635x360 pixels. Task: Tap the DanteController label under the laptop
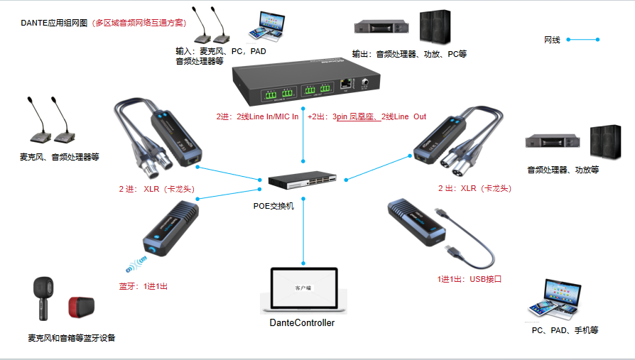(302, 323)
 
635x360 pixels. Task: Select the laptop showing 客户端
(303, 290)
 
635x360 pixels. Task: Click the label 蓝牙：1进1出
(143, 287)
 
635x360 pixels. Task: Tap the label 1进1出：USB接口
(470, 280)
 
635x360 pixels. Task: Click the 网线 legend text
(552, 40)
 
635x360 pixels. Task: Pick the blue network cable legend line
(582, 40)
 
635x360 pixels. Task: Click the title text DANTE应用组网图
(54, 23)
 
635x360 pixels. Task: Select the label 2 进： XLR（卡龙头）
(157, 190)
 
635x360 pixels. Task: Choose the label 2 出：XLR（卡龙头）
(474, 189)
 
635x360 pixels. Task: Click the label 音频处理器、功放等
(563, 170)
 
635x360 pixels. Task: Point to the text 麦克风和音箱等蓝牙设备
(71, 338)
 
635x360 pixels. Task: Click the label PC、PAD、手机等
(565, 330)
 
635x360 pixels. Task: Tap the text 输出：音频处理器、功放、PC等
(409, 54)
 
